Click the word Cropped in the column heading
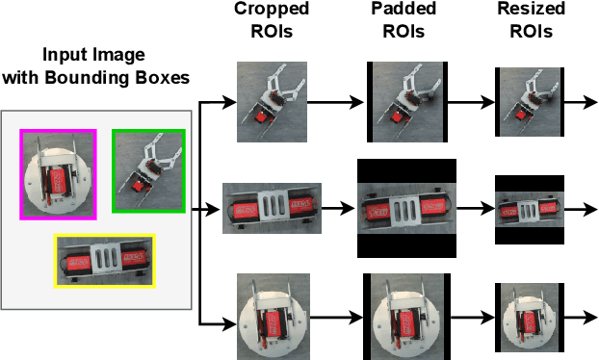pos(272,9)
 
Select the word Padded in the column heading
pos(404,9)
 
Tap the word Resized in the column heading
pos(531,9)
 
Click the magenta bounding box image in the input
pos(58,174)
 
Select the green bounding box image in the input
pos(148,170)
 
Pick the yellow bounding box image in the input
pos(105,261)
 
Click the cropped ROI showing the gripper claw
pos(272,102)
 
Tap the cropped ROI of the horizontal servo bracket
pos(272,208)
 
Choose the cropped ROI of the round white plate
pos(273,317)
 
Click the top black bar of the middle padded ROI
pos(406,171)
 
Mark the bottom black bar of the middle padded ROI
pos(406,245)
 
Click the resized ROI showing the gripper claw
pos(530,102)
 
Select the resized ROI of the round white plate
pos(530,318)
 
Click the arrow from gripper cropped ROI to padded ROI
pos(335,102)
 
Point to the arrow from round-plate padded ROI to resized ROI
pos(473,318)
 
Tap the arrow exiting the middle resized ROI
pos(581,209)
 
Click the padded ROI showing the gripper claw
pos(407,102)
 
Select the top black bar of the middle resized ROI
pos(530,184)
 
